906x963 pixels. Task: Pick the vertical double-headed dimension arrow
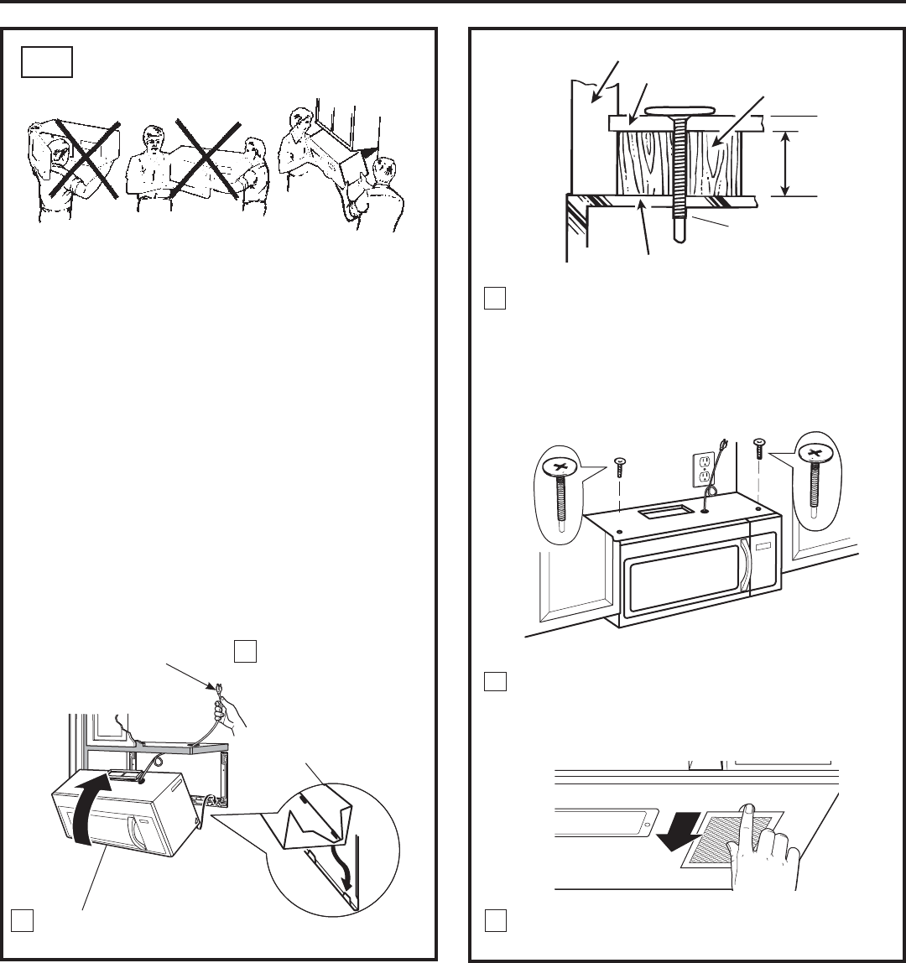(x=784, y=163)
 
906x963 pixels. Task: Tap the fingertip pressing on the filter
(x=747, y=810)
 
